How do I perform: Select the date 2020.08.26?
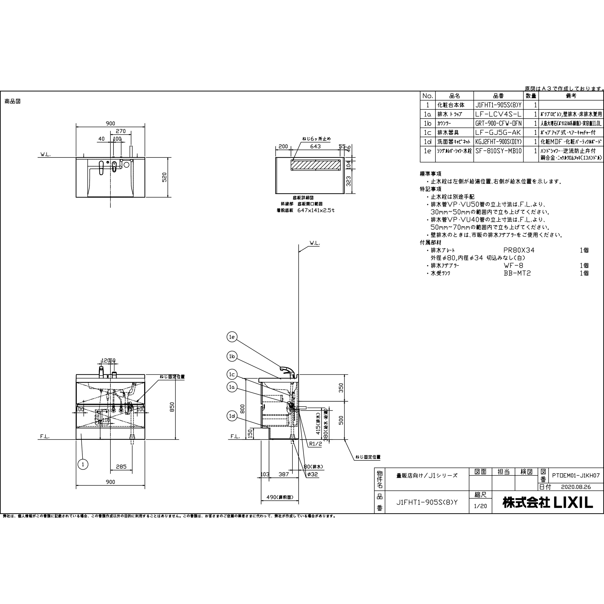(572, 487)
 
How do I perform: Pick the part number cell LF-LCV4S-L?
(498, 114)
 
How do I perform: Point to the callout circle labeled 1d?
(232, 416)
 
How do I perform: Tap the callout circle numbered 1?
(83, 464)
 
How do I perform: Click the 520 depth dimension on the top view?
(164, 177)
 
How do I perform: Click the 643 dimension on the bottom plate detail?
(315, 146)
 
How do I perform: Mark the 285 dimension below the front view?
(121, 467)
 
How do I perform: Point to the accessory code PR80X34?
(519, 250)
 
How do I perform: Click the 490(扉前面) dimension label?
(280, 497)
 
